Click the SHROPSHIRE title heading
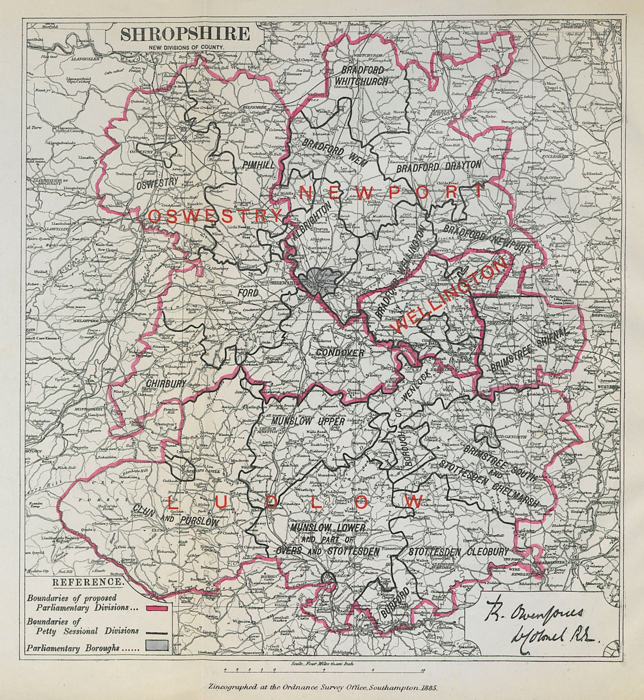click(185, 34)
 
